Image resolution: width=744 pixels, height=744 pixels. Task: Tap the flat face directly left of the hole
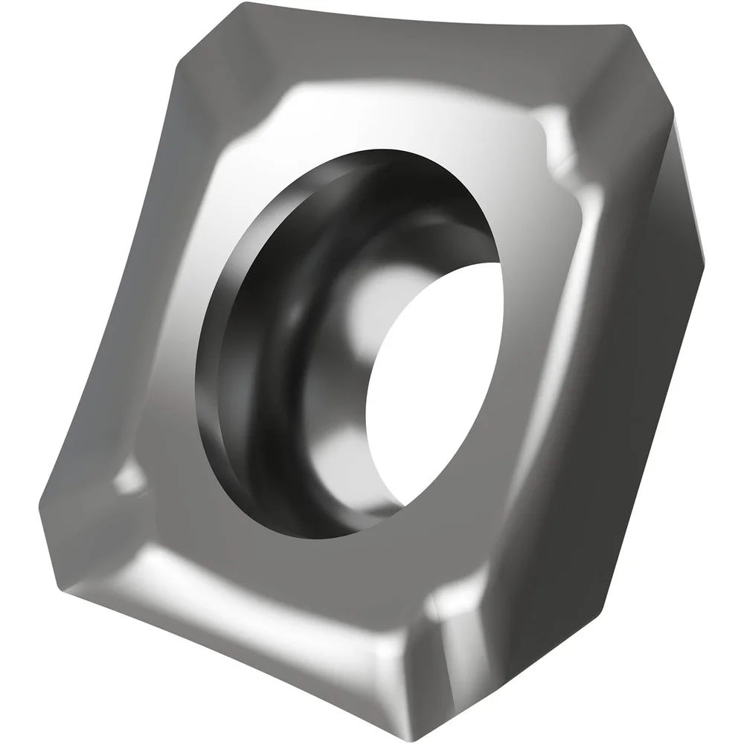(x=171, y=335)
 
